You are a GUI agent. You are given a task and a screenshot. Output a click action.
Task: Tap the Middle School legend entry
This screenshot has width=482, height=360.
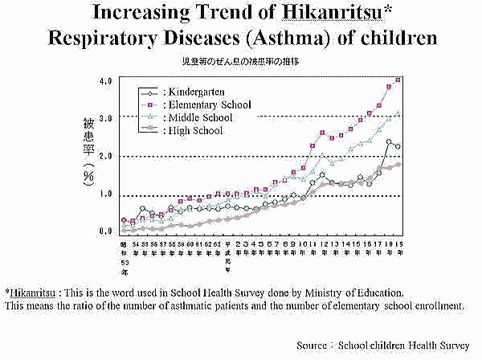coord(198,118)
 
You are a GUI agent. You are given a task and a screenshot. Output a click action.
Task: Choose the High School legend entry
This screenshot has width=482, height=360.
coord(194,130)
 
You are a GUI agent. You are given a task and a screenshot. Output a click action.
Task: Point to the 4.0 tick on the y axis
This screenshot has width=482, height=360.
coord(105,82)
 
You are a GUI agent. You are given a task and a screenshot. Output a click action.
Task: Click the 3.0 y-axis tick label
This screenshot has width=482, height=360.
coord(105,117)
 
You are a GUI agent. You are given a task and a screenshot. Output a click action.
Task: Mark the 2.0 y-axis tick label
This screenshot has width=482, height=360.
coord(105,156)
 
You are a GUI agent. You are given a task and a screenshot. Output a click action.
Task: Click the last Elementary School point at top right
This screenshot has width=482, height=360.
coord(398,80)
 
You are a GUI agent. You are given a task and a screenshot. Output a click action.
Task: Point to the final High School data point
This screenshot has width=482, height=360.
coord(398,164)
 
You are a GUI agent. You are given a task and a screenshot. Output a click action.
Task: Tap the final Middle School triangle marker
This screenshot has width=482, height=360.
coord(398,113)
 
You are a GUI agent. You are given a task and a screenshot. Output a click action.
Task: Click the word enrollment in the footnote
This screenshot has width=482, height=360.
coord(437,306)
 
